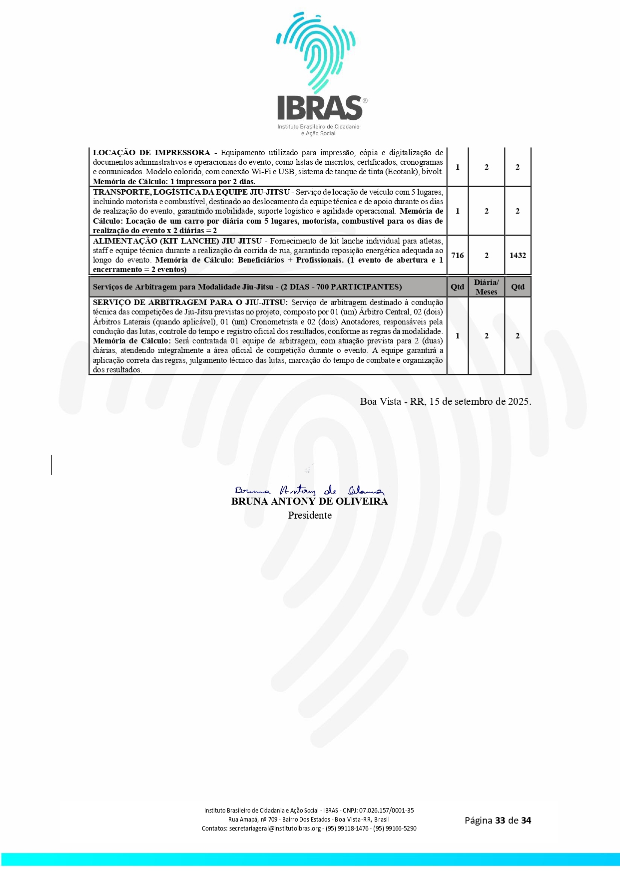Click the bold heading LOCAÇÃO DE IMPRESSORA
tap(151, 153)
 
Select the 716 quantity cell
tap(457, 256)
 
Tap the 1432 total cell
tap(518, 256)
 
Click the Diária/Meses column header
tap(486, 287)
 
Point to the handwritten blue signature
tap(309, 491)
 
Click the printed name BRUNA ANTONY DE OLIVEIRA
tap(309, 502)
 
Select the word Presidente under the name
tap(310, 516)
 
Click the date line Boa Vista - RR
tap(445, 402)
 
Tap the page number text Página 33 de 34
tap(498, 820)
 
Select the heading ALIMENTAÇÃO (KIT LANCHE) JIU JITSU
tap(177, 241)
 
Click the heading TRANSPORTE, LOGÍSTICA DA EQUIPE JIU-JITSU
tap(191, 192)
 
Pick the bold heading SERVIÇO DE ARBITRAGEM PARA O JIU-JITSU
tap(190, 302)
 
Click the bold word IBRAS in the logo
tap(320, 107)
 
